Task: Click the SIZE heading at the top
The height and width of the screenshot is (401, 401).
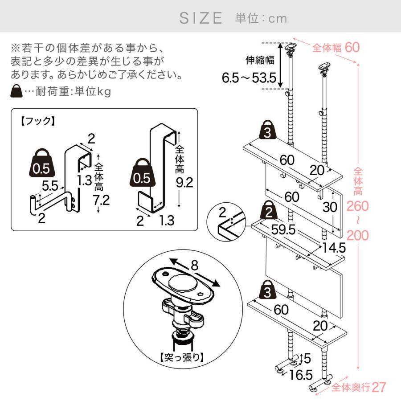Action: click(200, 18)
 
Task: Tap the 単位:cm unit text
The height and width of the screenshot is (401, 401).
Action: click(261, 18)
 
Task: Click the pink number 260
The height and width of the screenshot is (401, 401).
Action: click(357, 206)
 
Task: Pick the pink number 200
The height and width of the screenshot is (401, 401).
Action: click(357, 234)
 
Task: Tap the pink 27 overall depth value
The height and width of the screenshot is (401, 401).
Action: click(379, 387)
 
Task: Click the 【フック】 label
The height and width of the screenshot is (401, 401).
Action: click(37, 121)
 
